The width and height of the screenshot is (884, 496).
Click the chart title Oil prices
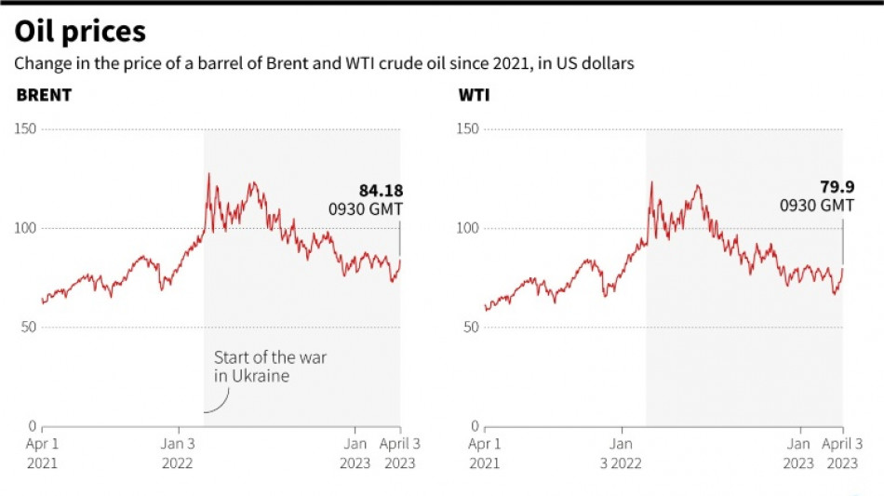tap(80, 33)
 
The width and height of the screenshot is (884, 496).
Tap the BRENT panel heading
tap(44, 95)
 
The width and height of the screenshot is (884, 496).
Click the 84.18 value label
tap(381, 192)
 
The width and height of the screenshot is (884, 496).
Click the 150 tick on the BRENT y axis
tap(25, 129)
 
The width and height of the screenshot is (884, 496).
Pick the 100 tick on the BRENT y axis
tap(25, 228)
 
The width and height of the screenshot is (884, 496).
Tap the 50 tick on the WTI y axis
tap(471, 327)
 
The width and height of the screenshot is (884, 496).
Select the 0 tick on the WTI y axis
tap(475, 425)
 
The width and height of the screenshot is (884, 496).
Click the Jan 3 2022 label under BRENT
tap(178, 452)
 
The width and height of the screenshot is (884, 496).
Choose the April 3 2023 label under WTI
tap(841, 452)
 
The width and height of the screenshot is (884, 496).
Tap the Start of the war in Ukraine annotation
tap(270, 367)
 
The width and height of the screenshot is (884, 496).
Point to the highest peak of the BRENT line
tap(208, 174)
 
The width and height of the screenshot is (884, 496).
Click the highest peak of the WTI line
tap(651, 182)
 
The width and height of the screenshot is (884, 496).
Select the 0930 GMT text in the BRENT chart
tap(366, 210)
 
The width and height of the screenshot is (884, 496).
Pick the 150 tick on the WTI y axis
tap(467, 129)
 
